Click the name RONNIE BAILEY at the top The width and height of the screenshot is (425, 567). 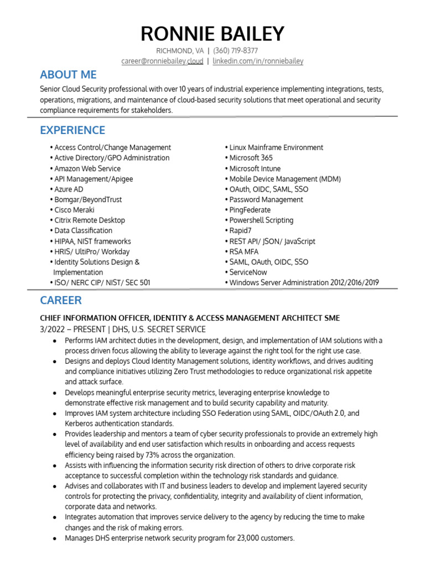pyautogui.click(x=212, y=34)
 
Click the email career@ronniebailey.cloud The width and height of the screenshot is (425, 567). pyautogui.click(x=162, y=61)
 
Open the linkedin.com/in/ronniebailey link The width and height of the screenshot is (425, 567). pyautogui.click(x=258, y=61)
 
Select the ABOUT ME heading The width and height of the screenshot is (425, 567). pyautogui.click(x=68, y=75)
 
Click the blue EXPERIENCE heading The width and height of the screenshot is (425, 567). pyautogui.click(x=72, y=131)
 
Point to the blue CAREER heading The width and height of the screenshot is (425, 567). pyautogui.click(x=61, y=301)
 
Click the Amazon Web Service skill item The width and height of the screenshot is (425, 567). pyautogui.click(x=87, y=168)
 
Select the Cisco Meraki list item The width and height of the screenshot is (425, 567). pyautogui.click(x=74, y=210)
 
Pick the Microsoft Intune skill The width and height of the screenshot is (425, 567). pyautogui.click(x=255, y=168)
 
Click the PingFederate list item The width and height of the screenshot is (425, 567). pyautogui.click(x=250, y=210)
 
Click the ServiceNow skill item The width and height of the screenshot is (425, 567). pyautogui.click(x=248, y=272)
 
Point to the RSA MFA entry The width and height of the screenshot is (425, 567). pyautogui.click(x=243, y=251)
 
